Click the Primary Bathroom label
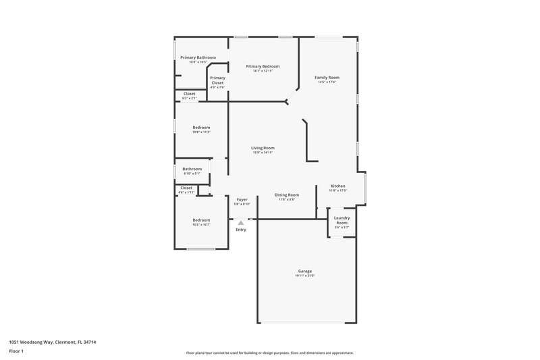coord(198,57)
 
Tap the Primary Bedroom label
coord(263,66)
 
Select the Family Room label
coord(327,78)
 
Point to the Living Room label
coord(263,148)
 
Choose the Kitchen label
coord(337,186)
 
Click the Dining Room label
coord(286,195)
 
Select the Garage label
coord(304,271)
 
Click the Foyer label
coord(241,199)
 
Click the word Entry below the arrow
coord(241,230)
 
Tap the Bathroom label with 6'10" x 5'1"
coord(192,169)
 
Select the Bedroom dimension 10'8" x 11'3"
coord(201,132)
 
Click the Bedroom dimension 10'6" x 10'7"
coord(201,224)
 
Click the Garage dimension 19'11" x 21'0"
coord(304,276)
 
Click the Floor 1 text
coord(16,352)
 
